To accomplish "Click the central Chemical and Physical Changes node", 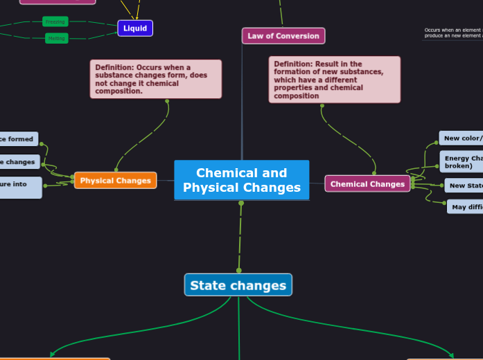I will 241,180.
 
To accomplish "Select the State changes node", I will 238,285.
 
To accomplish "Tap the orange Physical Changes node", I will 115,181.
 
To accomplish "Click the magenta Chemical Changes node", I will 367,184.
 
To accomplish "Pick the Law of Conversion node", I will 283,36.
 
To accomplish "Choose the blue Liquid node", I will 135,28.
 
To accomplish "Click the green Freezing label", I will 55,21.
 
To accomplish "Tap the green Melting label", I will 57,38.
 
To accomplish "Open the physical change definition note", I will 155,79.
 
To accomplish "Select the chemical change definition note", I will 334,80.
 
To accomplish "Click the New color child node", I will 462,138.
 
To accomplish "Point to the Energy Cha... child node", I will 463,162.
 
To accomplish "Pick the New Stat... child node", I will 464,186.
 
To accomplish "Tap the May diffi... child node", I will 466,206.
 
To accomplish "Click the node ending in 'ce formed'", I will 18,139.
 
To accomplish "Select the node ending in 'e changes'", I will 19,162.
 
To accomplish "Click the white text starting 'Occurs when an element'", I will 453,30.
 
